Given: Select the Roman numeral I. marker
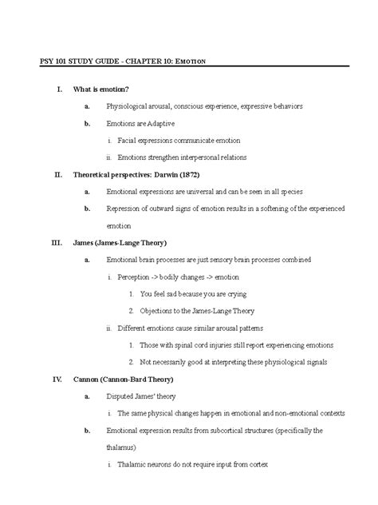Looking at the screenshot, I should (57, 88).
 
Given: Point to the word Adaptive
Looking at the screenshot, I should (159, 124).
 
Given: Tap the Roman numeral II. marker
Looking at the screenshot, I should (57, 173).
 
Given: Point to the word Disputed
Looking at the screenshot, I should (123, 396).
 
